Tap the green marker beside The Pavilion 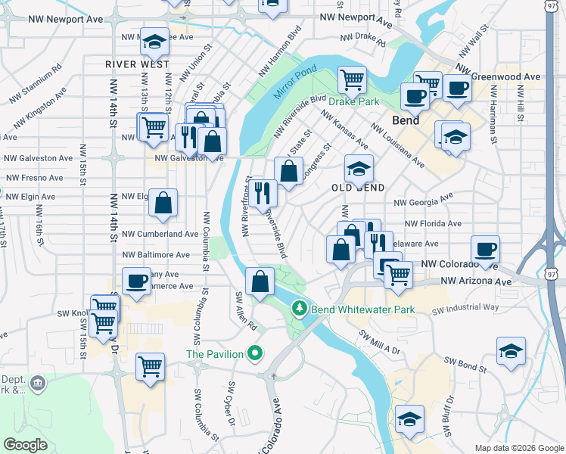tap(256, 353)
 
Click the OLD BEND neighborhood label tap(360, 187)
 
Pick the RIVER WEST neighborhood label tap(137, 65)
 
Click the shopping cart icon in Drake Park tap(352, 79)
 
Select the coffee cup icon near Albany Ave tap(136, 281)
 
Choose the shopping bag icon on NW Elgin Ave tap(163, 202)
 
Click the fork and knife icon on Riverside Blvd tap(263, 193)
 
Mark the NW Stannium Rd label tap(36, 84)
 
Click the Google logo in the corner tap(26, 445)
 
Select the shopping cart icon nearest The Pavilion tap(150, 367)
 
